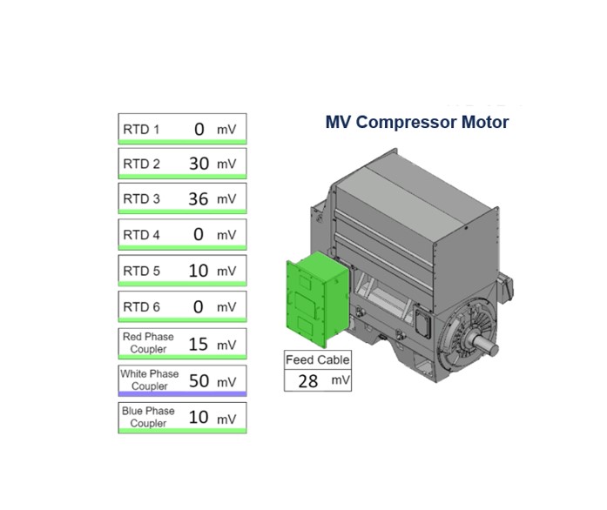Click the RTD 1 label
tap(141, 130)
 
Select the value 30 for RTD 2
tap(199, 164)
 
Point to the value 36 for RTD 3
tap(199, 199)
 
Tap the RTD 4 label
tap(141, 235)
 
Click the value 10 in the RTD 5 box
tap(199, 271)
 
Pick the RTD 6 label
tap(141, 307)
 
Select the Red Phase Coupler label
tap(148, 343)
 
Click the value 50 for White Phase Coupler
tap(199, 381)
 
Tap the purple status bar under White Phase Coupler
tap(182, 394)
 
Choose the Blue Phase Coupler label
tap(148, 417)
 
